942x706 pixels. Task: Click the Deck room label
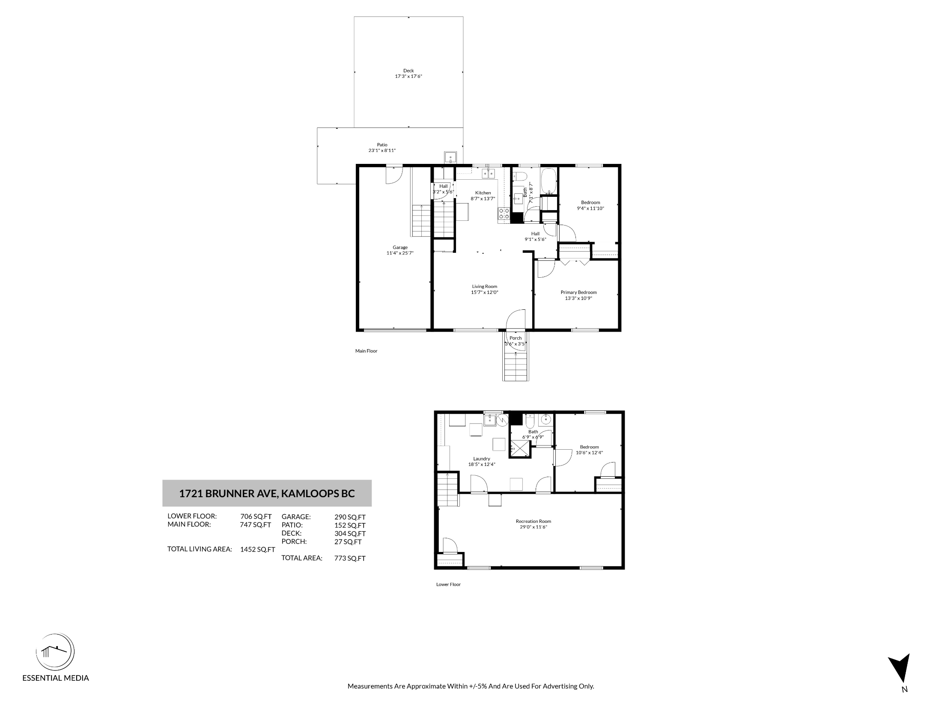coord(408,71)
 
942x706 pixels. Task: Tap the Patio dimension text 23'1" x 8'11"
coord(382,151)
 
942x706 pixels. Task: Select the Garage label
coord(400,247)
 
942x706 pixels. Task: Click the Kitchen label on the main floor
coord(483,193)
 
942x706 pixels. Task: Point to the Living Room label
coord(485,287)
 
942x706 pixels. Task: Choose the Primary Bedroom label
coord(578,293)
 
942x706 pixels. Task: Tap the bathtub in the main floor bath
coord(549,181)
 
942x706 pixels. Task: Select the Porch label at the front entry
coord(516,338)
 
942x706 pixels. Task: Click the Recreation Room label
coord(534,521)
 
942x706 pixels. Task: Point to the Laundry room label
coord(482,459)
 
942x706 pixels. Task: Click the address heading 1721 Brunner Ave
coord(267,493)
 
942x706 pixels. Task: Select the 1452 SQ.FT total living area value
coord(257,550)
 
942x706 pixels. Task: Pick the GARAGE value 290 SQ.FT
coord(350,517)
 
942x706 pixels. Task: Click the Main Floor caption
coord(366,351)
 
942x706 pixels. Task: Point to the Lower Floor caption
coord(448,584)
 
